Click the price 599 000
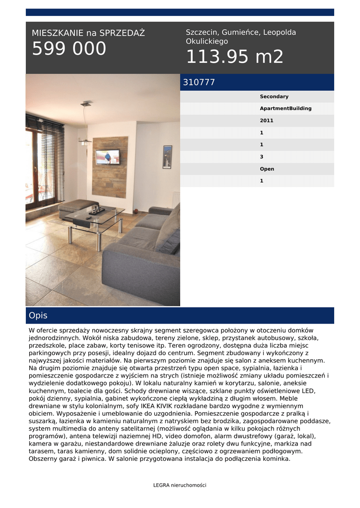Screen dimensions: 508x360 pyautogui.click(x=69, y=49)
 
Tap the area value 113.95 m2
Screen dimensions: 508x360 pyautogui.click(x=234, y=57)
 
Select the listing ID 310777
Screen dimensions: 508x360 pyautogui.click(x=199, y=82)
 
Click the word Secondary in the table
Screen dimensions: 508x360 pyautogui.click(x=274, y=97)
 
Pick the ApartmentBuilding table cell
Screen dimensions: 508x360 pyautogui.click(x=286, y=109)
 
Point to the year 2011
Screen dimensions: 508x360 pyautogui.click(x=266, y=121)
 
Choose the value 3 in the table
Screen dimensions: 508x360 pyautogui.click(x=262, y=157)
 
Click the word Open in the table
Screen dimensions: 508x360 pyautogui.click(x=267, y=169)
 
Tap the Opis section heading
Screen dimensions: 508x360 pyautogui.click(x=38, y=316)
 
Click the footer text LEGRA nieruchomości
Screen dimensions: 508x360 pyautogui.click(x=180, y=485)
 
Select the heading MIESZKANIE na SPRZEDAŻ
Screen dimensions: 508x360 pyautogui.click(x=88, y=33)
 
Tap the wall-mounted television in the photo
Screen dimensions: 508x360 pyautogui.click(x=107, y=156)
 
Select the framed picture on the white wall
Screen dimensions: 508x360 pyautogui.click(x=167, y=157)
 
